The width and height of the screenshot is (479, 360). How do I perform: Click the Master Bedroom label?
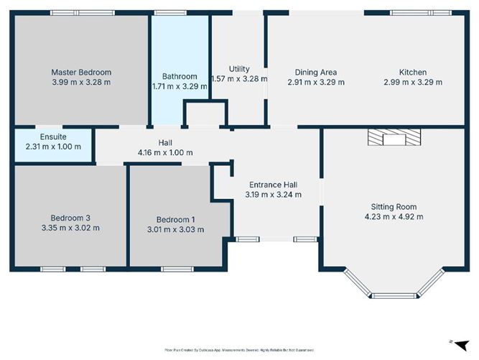pos(81,72)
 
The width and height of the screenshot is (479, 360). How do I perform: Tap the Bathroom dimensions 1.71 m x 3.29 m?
pos(180,86)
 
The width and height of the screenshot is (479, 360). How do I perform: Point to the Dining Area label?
pos(316,72)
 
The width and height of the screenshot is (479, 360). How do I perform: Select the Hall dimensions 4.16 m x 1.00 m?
pos(166,152)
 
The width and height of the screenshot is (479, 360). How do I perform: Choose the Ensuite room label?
pos(54,137)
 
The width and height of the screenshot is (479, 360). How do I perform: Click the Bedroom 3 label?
pos(70,218)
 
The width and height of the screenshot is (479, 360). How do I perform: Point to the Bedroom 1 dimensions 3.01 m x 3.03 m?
pos(175,230)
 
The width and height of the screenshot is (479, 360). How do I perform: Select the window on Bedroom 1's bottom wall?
pos(172,269)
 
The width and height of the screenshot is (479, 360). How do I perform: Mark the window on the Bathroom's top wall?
pos(168,12)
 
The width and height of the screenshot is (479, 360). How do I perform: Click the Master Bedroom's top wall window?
pos(81,12)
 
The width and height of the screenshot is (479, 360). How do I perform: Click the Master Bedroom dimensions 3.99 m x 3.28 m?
pos(81,82)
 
